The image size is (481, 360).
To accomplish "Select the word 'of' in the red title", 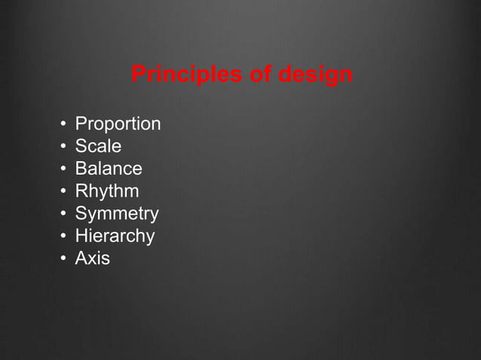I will (x=253, y=76).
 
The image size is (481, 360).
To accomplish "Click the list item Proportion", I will (x=118, y=124).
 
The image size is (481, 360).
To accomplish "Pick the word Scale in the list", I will (x=98, y=146).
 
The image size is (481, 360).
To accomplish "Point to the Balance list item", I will (x=109, y=169).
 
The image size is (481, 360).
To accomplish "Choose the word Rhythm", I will (x=107, y=191).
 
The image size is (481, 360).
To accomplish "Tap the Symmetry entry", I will (x=117, y=214).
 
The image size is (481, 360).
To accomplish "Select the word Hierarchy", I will (x=115, y=236).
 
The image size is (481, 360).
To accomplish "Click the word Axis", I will (x=92, y=259).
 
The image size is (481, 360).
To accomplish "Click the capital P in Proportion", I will (x=81, y=124).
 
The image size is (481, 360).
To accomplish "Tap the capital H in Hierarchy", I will (x=81, y=236).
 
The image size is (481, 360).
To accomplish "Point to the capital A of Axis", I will (x=81, y=259).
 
